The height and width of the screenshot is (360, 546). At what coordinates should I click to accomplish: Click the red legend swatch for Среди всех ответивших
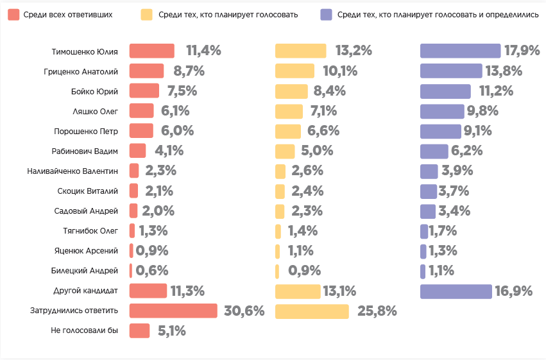[13, 14]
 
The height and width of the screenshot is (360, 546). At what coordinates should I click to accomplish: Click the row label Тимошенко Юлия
[85, 51]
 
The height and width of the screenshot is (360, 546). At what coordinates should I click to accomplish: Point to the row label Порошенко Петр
[86, 131]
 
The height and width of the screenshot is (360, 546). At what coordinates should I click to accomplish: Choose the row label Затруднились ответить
[74, 311]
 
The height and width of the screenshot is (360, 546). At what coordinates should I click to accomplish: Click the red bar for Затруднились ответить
[173, 311]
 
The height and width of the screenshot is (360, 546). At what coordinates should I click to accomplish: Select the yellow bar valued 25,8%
[312, 311]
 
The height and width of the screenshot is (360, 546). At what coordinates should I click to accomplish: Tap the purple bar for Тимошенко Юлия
[460, 51]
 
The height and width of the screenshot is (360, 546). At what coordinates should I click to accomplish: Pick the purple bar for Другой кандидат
[456, 291]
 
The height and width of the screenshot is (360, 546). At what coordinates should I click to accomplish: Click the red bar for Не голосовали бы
[139, 330]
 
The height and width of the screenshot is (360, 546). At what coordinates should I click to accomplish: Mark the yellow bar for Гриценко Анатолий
[294, 71]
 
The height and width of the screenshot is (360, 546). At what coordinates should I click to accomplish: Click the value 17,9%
[522, 51]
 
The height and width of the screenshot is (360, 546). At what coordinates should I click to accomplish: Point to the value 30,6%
[244, 311]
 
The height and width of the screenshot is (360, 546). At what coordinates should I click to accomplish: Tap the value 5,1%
[171, 331]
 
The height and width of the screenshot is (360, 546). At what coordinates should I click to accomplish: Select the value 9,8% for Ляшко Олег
[483, 111]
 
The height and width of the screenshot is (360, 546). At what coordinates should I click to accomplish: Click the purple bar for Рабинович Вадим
[434, 151]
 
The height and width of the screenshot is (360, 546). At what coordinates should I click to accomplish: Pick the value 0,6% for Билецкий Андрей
[153, 271]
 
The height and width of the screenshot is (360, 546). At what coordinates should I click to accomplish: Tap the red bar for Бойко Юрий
[144, 91]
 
